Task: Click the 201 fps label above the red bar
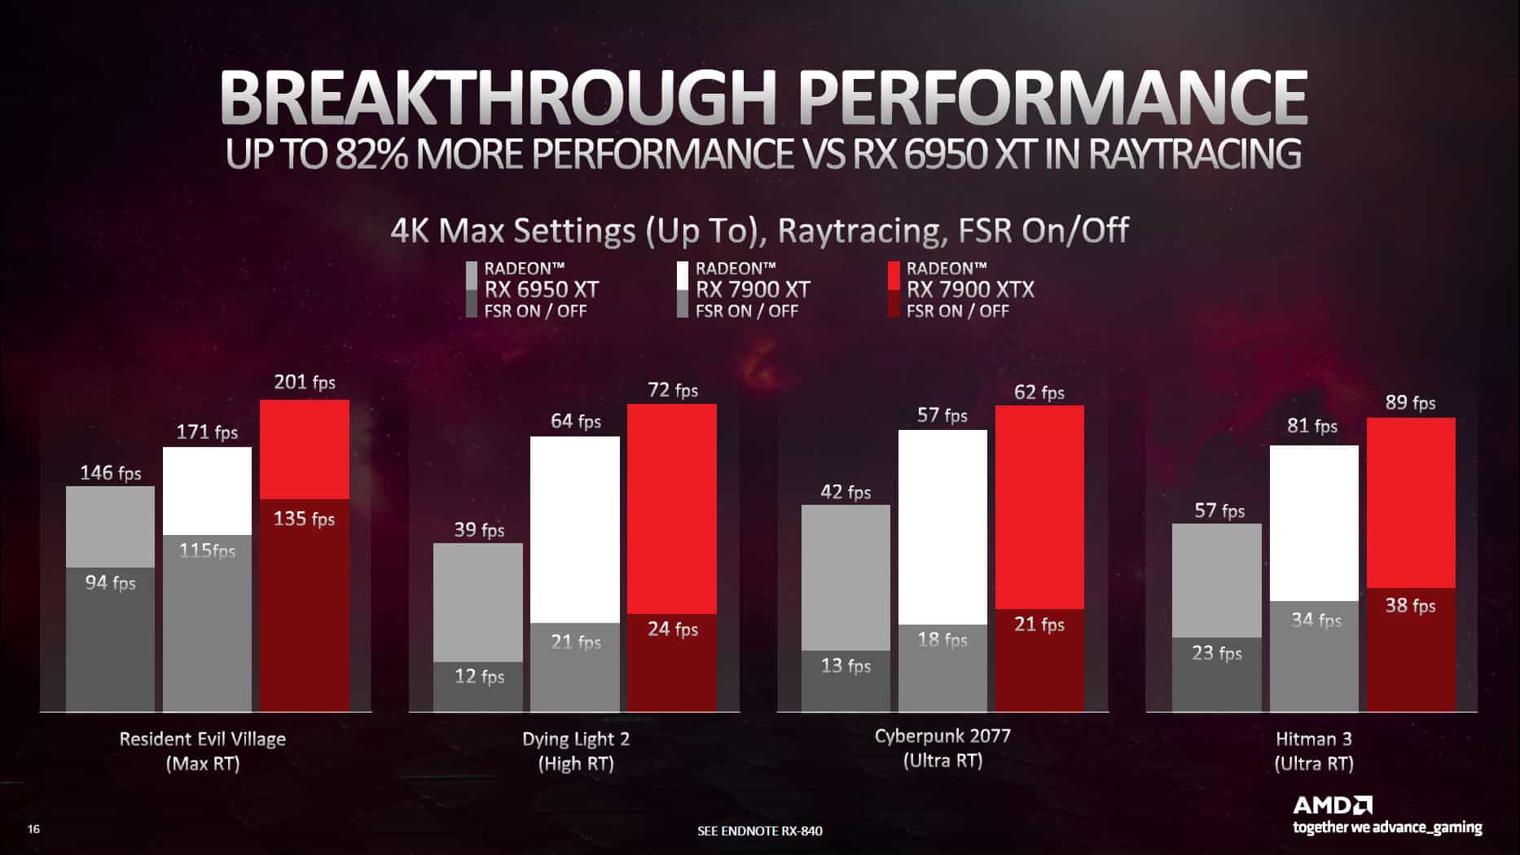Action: click(x=304, y=382)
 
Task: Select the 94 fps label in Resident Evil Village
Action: click(x=110, y=582)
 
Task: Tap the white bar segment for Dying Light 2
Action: click(x=574, y=529)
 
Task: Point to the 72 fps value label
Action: click(x=673, y=390)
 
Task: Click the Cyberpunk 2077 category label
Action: click(x=942, y=736)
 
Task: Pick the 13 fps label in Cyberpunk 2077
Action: click(x=846, y=665)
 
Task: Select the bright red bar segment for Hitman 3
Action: click(x=1410, y=502)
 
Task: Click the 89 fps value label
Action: click(x=1410, y=402)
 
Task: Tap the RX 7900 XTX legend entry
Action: click(x=969, y=289)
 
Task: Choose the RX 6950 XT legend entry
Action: click(x=541, y=289)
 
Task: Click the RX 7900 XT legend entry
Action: click(x=752, y=289)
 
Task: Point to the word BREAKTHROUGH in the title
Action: click(x=497, y=98)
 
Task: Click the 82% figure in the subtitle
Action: click(x=371, y=155)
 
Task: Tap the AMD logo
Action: click(x=1333, y=805)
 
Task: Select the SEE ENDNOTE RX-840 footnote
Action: click(x=759, y=831)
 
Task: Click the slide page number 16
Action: click(x=33, y=829)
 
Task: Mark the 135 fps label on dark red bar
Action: click(x=304, y=519)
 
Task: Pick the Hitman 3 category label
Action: click(x=1313, y=739)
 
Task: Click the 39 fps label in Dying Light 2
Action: click(x=479, y=530)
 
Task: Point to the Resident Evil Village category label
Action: click(x=203, y=739)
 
